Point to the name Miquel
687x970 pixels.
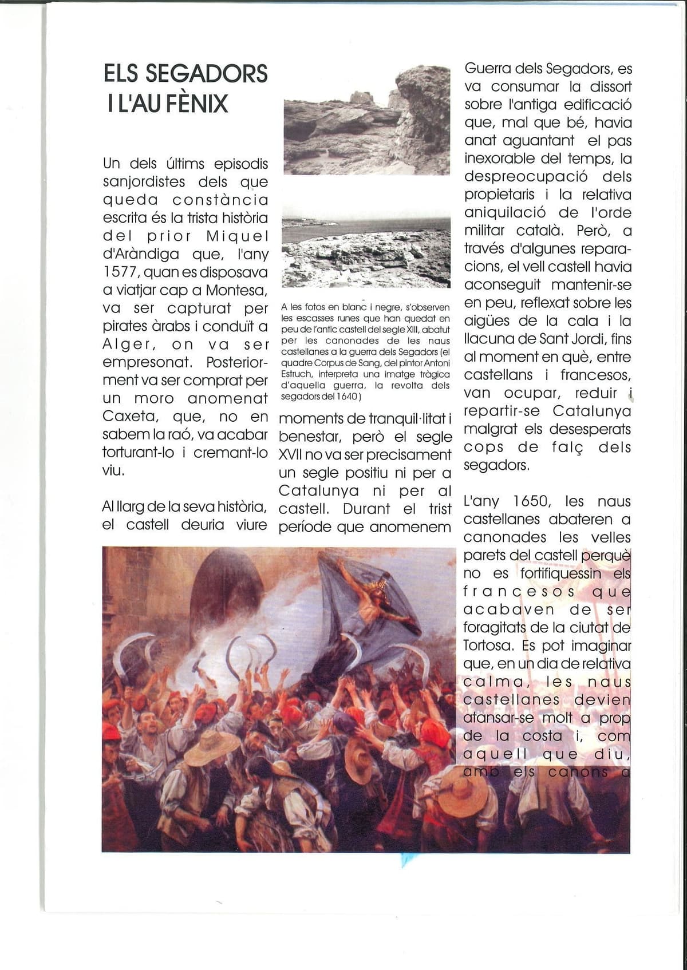pyautogui.click(x=237, y=236)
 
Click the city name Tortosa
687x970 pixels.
pyautogui.click(x=487, y=646)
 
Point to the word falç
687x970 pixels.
pyautogui.click(x=568, y=447)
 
